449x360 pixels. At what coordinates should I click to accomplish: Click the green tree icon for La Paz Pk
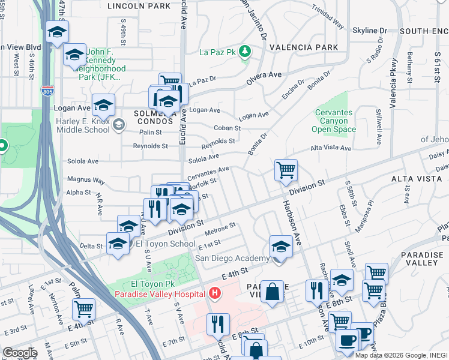coord(245,53)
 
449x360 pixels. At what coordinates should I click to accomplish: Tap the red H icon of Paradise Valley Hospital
coord(215,293)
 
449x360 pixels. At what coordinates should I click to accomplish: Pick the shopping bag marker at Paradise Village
coord(272,292)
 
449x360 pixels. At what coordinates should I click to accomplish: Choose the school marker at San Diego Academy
coord(281,245)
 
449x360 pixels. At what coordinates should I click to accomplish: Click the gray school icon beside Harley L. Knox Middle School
coord(119,124)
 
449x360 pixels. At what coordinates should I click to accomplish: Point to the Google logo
coord(20,353)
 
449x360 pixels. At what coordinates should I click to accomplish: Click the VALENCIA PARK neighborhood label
coord(304,47)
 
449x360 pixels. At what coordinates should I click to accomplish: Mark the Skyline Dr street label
coord(370,31)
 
